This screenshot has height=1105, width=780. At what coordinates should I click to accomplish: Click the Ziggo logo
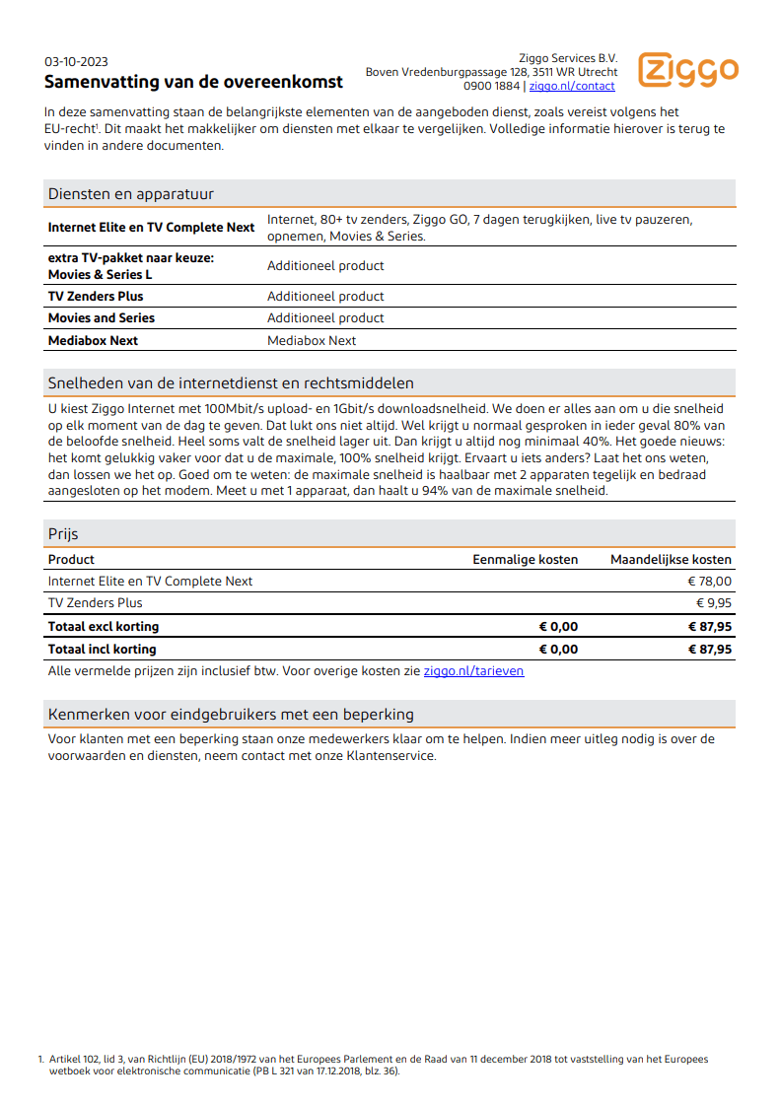click(687, 70)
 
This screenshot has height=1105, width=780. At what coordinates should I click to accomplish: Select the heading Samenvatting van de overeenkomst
click(193, 82)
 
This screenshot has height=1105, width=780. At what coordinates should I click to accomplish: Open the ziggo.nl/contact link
click(572, 87)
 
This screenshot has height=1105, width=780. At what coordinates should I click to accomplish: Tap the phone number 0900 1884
click(491, 87)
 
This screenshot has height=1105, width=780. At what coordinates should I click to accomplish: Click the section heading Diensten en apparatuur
click(131, 194)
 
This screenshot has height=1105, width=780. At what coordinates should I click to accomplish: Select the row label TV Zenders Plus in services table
click(96, 297)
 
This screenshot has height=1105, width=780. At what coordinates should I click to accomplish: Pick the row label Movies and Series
click(102, 318)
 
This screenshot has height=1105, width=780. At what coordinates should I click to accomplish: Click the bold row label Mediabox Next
click(94, 341)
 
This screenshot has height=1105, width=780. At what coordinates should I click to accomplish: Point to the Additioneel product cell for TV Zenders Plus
click(325, 297)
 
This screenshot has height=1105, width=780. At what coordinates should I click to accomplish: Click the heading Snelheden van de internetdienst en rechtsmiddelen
click(231, 382)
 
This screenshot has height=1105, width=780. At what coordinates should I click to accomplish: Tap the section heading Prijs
click(63, 534)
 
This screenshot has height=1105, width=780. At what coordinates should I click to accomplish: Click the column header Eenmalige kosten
click(525, 560)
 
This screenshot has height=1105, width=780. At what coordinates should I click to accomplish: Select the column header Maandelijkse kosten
click(671, 560)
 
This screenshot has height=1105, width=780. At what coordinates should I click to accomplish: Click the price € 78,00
click(710, 582)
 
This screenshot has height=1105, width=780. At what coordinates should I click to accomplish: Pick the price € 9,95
click(714, 603)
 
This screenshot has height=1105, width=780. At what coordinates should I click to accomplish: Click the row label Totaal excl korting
click(104, 627)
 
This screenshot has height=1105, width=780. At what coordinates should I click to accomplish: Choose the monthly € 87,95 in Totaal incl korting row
click(710, 650)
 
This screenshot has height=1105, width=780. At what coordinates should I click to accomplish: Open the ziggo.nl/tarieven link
click(473, 671)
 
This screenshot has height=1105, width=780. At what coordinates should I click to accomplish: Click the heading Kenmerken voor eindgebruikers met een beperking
click(231, 714)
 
